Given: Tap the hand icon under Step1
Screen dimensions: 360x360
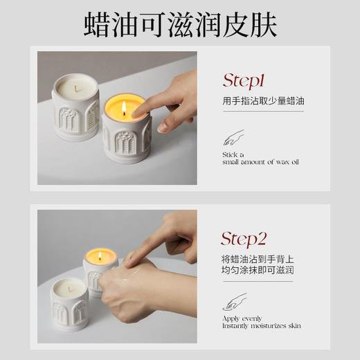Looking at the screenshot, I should pyautogui.click(x=233, y=137).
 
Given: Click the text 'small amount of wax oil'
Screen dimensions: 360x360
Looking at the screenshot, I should pyautogui.click(x=260, y=162).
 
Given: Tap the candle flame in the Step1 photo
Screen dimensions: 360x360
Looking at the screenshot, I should pyautogui.click(x=124, y=108).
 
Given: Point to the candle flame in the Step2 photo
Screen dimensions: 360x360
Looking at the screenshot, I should pyautogui.click(x=101, y=255).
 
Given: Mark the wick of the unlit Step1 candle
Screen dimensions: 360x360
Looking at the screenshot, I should pyautogui.click(x=75, y=86).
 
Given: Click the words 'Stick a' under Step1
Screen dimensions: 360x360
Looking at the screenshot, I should pyautogui.click(x=233, y=155).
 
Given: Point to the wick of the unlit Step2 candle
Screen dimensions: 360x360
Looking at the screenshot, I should pyautogui.click(x=69, y=285).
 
